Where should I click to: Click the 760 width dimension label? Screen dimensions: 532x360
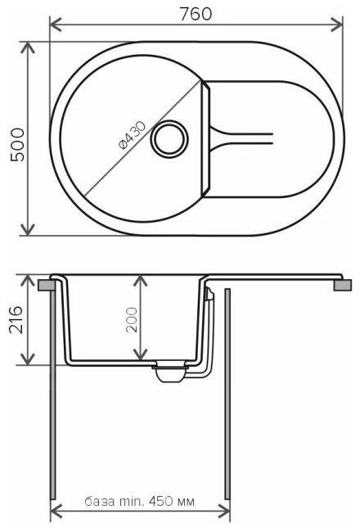point(195,13)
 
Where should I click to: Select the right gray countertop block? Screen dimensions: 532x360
point(343,284)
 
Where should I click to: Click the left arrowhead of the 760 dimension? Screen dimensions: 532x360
point(56,26)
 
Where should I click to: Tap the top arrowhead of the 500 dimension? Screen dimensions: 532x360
point(31,48)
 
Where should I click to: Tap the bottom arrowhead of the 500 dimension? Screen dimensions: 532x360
point(31,230)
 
